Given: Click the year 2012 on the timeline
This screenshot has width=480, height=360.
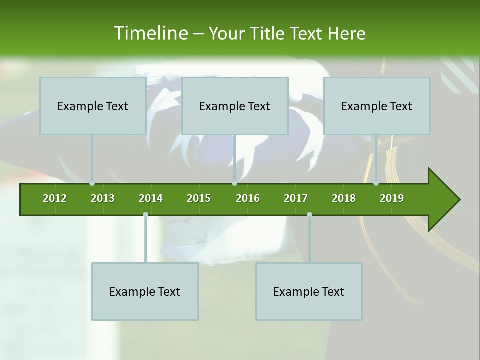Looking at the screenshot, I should [x=55, y=198].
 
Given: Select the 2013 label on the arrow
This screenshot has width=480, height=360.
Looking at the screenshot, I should [x=103, y=198].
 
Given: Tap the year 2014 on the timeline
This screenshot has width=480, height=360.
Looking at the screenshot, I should [x=151, y=198].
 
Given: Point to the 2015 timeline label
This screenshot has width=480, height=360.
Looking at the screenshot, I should [x=199, y=198].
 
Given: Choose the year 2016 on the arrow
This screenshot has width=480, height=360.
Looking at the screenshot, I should [x=248, y=198].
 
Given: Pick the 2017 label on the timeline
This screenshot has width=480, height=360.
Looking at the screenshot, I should [x=296, y=198].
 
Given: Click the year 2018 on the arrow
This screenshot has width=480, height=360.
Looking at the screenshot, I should [x=344, y=198].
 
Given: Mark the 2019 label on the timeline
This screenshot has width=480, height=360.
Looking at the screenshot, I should [x=392, y=198].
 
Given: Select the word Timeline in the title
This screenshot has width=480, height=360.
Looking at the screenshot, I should [x=150, y=33].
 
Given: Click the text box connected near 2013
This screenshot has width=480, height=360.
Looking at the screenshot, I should [x=93, y=106].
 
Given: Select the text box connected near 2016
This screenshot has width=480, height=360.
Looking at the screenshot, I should [x=235, y=106].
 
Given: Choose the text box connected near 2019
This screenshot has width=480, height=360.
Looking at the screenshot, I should [x=377, y=106].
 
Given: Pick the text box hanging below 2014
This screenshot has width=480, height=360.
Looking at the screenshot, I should [x=145, y=291].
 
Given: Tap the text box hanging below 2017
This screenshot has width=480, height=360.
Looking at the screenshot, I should [x=309, y=291].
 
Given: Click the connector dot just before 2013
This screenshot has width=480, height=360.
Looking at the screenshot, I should [x=92, y=183].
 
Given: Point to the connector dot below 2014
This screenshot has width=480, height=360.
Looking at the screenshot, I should [x=145, y=215].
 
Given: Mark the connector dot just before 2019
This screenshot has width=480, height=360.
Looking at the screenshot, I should [x=376, y=183].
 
